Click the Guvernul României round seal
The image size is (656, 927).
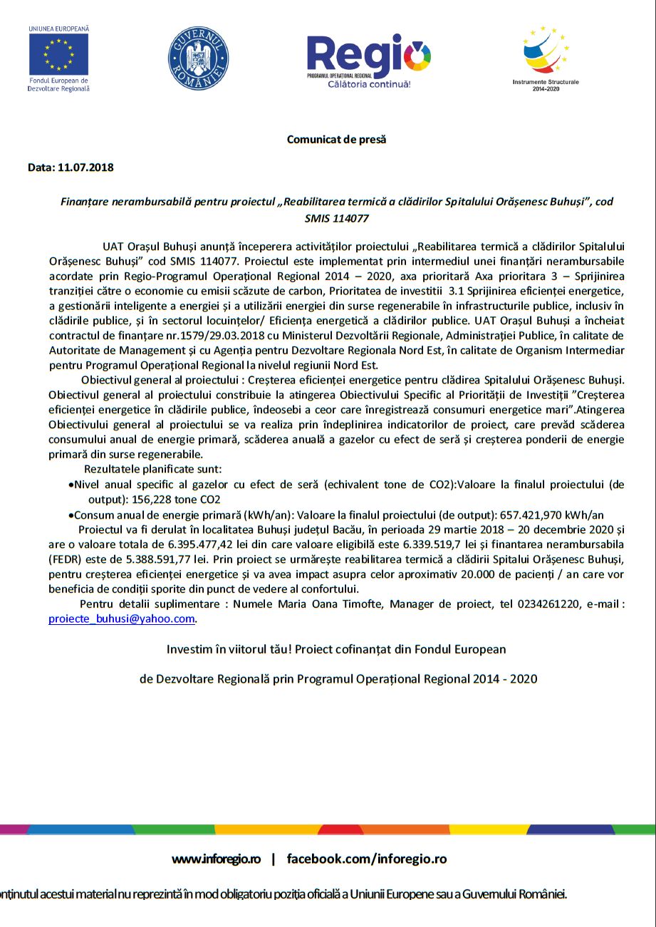tap(198, 58)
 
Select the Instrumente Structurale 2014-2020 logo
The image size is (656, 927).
tap(546, 53)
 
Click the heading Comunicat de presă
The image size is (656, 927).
tap(336, 140)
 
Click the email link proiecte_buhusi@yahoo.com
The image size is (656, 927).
tap(122, 618)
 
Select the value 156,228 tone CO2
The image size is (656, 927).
tap(177, 499)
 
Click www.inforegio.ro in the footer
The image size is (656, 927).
tap(216, 859)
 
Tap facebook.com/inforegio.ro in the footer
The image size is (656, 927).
tap(367, 859)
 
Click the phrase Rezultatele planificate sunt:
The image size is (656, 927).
tap(153, 469)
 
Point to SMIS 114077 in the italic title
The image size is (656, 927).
tap(336, 219)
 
